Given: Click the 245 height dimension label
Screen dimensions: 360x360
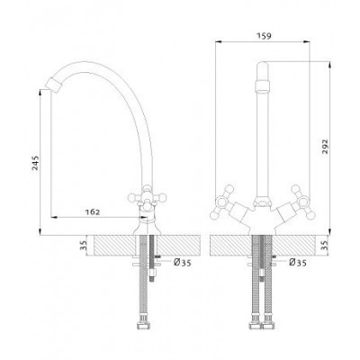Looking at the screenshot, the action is click(36, 163).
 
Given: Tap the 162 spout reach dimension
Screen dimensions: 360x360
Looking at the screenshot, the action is click(93, 211).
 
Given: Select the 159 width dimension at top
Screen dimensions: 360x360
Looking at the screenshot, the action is click(264, 36).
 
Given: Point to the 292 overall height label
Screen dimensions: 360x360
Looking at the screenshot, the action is click(325, 147).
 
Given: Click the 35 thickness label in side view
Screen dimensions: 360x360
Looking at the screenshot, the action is click(84, 246).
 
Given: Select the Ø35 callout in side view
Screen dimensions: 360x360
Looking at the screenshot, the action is click(183, 263).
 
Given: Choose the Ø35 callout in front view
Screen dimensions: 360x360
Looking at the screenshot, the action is click(298, 263).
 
